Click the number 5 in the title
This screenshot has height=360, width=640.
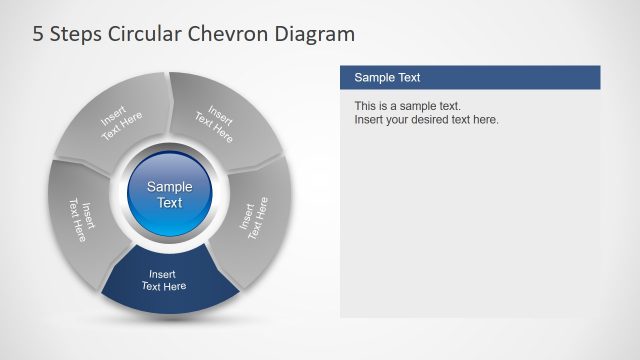[39, 35]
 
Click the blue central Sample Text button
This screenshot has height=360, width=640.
[170, 194]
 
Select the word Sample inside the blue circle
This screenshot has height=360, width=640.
[170, 186]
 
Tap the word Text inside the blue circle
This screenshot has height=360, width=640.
[170, 203]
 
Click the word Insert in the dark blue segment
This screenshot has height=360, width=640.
[163, 273]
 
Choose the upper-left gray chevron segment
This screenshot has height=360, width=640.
[115, 125]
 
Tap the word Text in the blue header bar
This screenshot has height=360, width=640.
[408, 77]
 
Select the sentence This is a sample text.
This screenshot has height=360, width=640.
[407, 106]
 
